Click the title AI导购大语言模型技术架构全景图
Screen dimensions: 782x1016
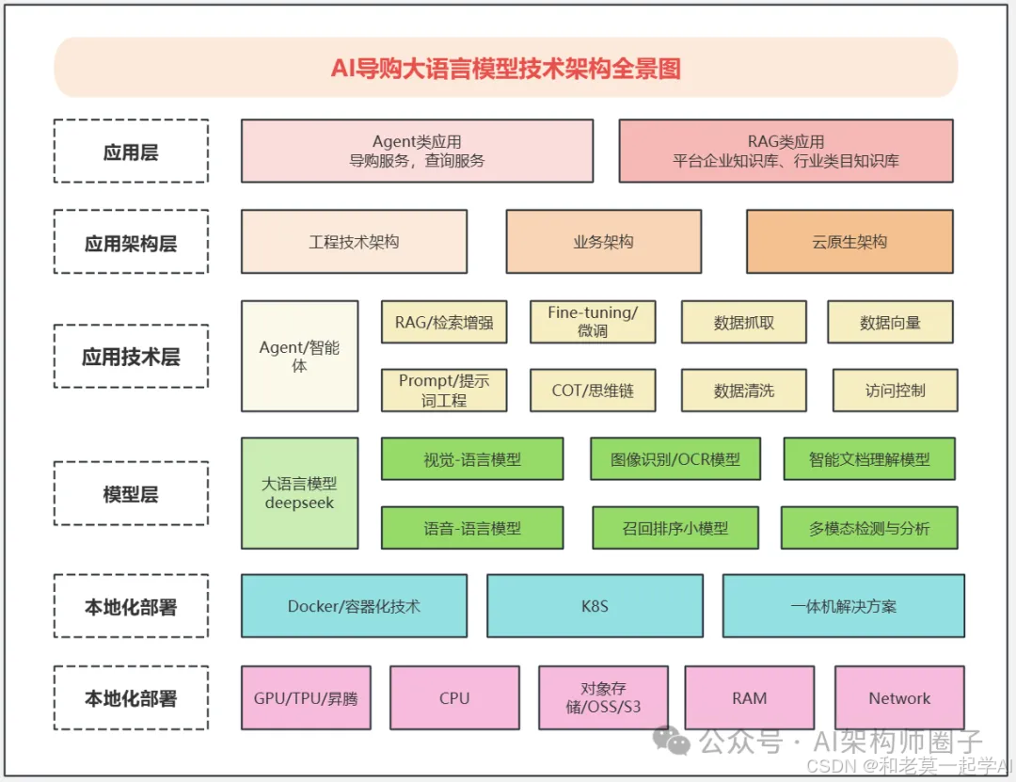coord(506,68)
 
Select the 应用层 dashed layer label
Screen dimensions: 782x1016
coord(131,152)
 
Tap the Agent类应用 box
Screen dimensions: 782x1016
coord(417,151)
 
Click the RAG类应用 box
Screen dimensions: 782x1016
coord(786,151)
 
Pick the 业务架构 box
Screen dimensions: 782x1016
coord(603,242)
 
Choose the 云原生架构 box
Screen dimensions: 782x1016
coord(849,242)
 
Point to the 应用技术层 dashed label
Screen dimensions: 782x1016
coord(131,357)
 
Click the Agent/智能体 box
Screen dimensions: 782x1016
coord(299,357)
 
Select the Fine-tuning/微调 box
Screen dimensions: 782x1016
coord(593,322)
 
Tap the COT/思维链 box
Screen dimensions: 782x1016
coord(593,390)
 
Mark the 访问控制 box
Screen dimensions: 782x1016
coord(895,390)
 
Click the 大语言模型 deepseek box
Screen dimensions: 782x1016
coord(299,493)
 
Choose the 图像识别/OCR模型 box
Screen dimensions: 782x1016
coord(675,459)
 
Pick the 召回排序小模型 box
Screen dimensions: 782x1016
coord(675,528)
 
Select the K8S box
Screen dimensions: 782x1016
coord(595,606)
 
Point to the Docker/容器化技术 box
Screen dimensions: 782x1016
coord(354,606)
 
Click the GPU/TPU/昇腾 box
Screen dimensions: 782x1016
coord(306,698)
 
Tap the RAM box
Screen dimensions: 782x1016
coord(749,698)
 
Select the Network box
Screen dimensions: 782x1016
coord(899,698)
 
